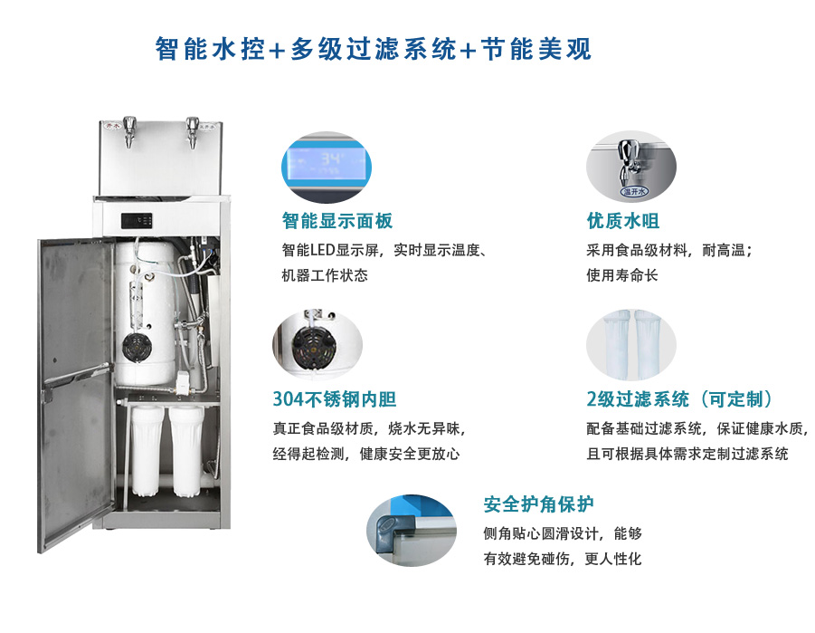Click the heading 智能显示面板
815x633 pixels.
click(x=336, y=221)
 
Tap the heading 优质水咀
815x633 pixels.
click(x=622, y=221)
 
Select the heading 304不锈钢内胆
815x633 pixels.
click(x=334, y=399)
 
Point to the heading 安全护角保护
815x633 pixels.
click(x=538, y=504)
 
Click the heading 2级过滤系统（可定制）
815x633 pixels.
click(x=680, y=399)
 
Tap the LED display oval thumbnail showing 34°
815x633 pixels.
click(x=327, y=167)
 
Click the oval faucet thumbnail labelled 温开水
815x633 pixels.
click(x=631, y=167)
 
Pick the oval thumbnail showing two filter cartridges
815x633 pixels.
click(x=631, y=345)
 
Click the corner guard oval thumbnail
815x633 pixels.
click(x=412, y=531)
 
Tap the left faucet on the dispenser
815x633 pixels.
click(x=128, y=130)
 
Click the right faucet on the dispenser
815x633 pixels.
click(x=193, y=131)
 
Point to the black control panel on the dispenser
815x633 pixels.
click(x=137, y=221)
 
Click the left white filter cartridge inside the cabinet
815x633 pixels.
click(x=147, y=451)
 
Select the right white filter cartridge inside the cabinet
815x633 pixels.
click(x=186, y=451)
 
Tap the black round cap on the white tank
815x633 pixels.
click(x=137, y=346)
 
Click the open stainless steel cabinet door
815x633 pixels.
click(x=76, y=394)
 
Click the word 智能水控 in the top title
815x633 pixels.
click(x=211, y=50)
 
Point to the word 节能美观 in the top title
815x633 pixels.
click(x=535, y=50)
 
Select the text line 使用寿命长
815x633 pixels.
click(x=622, y=275)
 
